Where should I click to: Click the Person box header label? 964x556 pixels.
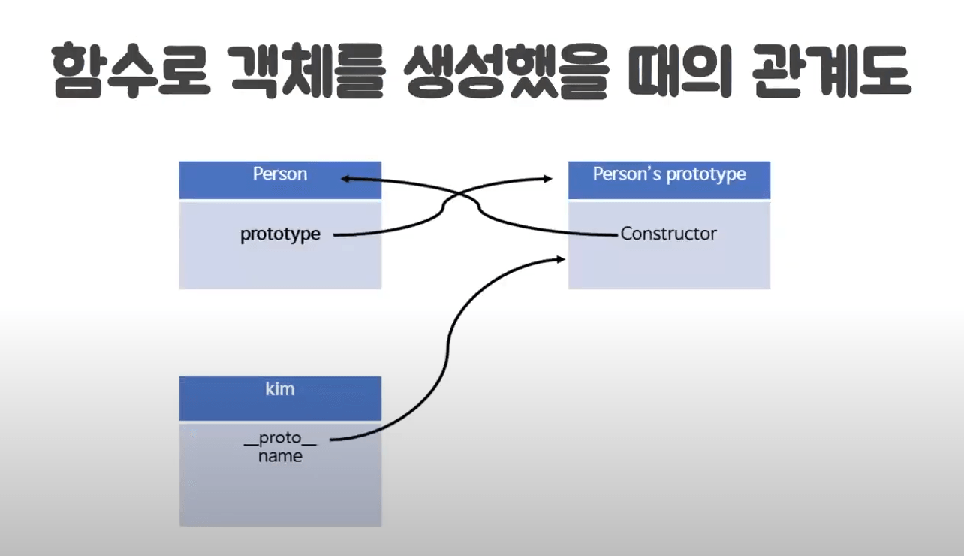coord(280,174)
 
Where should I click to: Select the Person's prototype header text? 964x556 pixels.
coord(669,174)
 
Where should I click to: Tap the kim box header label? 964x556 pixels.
coord(280,389)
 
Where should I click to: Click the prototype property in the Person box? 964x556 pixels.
coord(280,234)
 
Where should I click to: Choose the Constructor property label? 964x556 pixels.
coord(668,234)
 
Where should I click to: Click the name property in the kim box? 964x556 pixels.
coord(280,456)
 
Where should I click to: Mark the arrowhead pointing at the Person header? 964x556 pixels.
coord(345,179)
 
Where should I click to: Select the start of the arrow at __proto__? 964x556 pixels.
coord(331,440)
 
